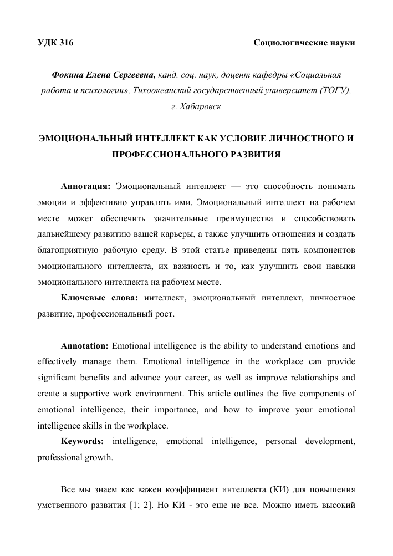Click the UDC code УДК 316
(x=55, y=43)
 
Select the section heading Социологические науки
(x=304, y=43)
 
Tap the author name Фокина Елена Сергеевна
(x=103, y=75)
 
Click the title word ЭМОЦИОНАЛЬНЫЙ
(x=80, y=137)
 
